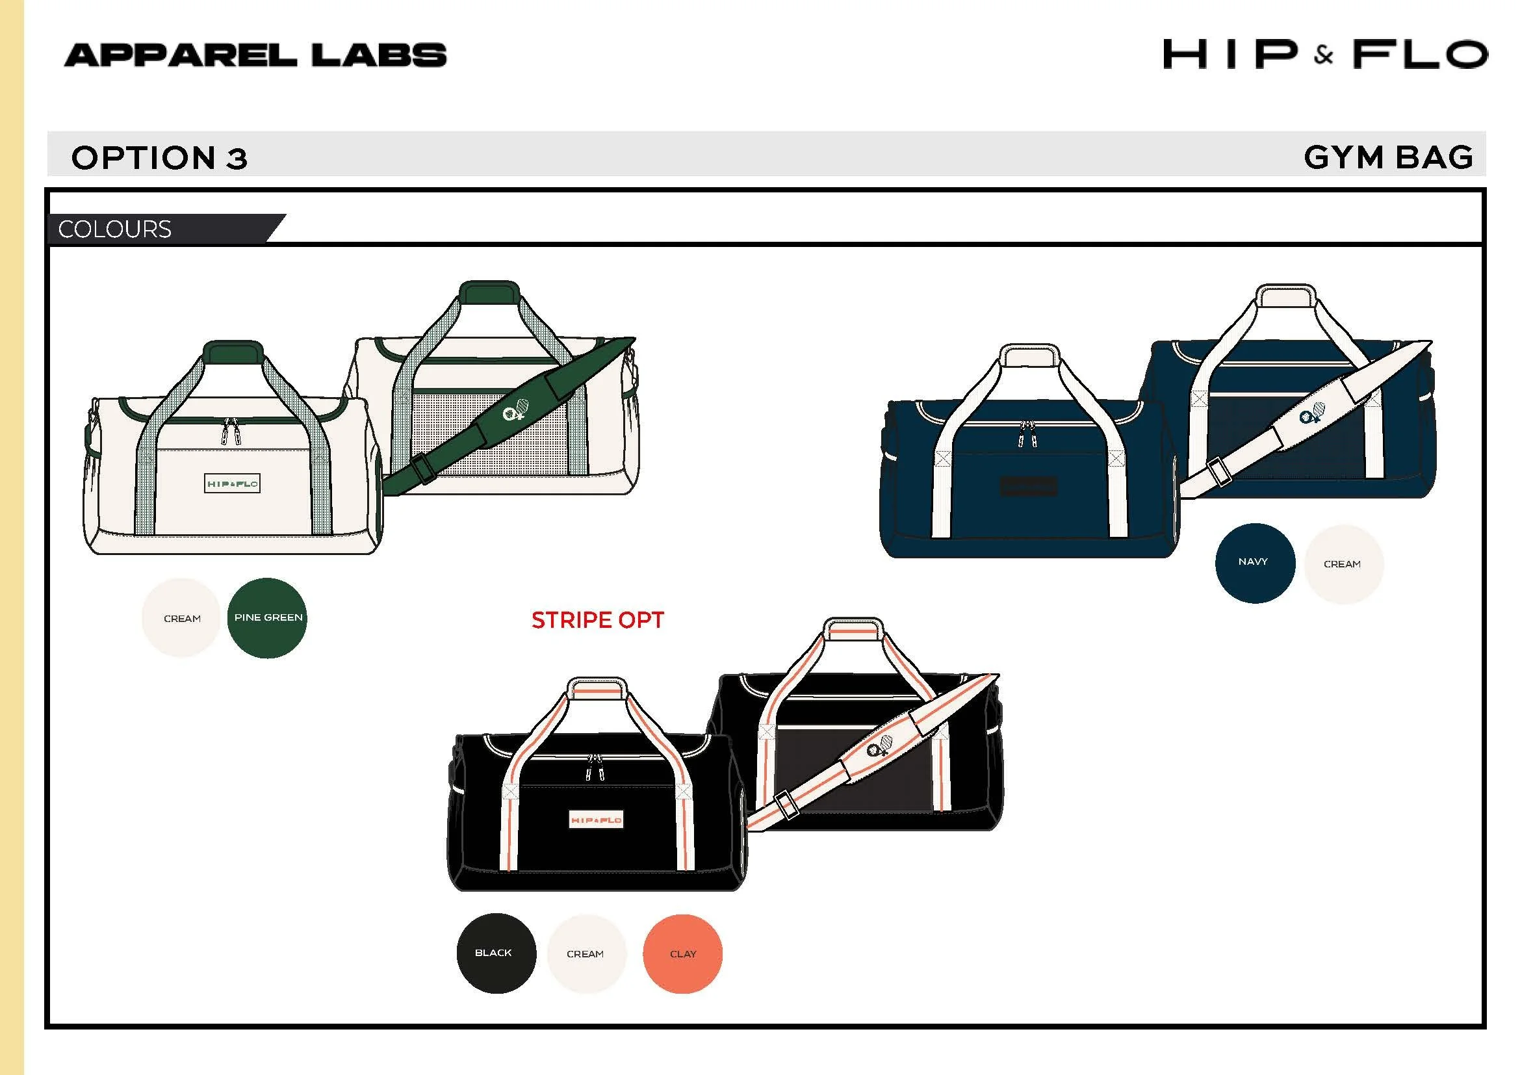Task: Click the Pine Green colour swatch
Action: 267,617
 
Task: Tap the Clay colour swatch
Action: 682,954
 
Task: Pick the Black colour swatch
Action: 496,953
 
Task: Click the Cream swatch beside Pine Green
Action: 181,617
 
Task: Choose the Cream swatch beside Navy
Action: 1343,564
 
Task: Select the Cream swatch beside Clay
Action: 587,954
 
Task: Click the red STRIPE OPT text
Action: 597,620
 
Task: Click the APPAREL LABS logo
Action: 255,55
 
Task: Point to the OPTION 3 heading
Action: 160,158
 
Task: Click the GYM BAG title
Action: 1388,157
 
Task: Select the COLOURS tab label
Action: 114,229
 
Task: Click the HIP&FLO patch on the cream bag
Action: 233,484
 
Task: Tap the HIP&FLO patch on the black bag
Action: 596,820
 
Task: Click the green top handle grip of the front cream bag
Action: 233,352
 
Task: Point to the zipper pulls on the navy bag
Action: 1027,434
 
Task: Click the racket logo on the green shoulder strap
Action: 516,409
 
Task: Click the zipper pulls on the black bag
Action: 594,767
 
